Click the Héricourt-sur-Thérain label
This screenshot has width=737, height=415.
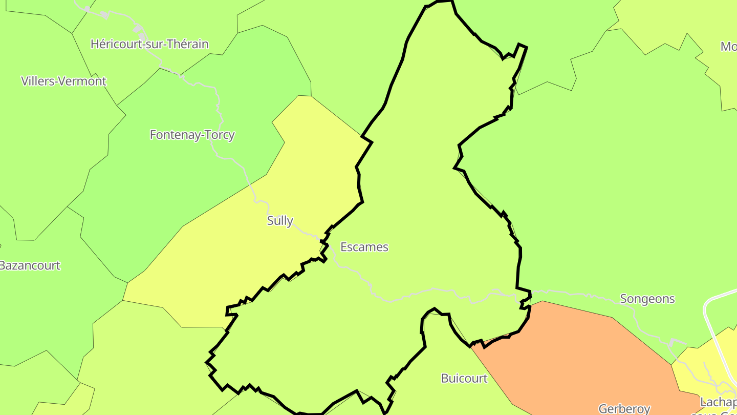pyautogui.click(x=149, y=44)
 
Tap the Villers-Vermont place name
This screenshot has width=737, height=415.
pyautogui.click(x=63, y=81)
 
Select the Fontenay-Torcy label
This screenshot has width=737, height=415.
pyautogui.click(x=192, y=135)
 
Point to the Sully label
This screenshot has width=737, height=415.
pyautogui.click(x=280, y=221)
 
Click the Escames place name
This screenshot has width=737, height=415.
pyautogui.click(x=364, y=247)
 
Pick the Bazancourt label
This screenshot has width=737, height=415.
pyautogui.click(x=30, y=265)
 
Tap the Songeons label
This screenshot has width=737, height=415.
pyautogui.click(x=647, y=299)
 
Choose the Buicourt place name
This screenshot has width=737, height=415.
pyautogui.click(x=464, y=378)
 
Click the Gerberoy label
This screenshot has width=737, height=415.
pyautogui.click(x=624, y=408)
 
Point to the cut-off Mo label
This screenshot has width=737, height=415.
pyautogui.click(x=728, y=47)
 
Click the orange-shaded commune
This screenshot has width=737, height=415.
pyautogui.click(x=578, y=354)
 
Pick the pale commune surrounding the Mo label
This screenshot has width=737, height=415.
pyautogui.click(x=665, y=20)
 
